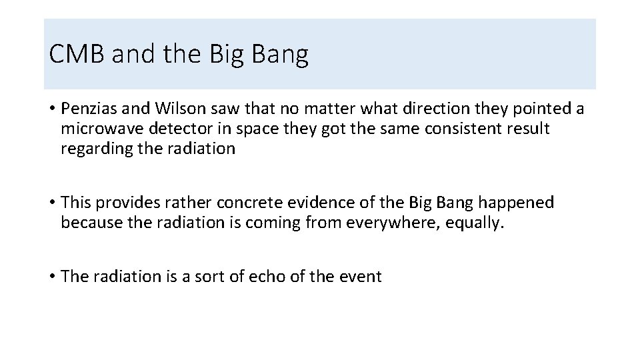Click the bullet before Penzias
(51, 109)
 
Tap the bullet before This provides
(51, 203)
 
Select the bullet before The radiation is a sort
(51, 277)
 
